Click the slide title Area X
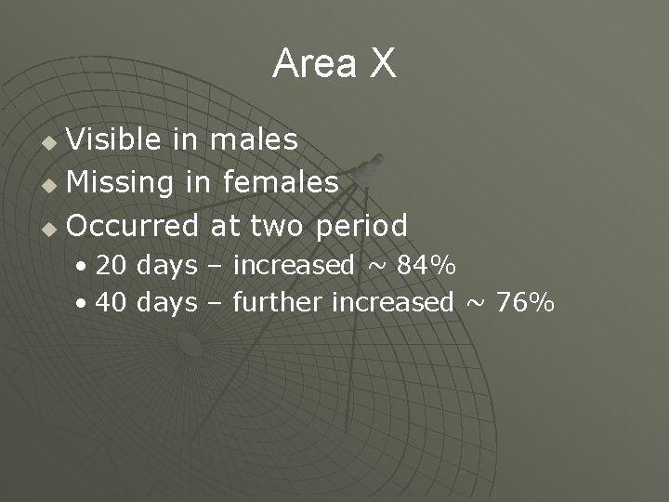pos(334,64)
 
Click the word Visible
pos(117,140)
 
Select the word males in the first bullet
pos(254,140)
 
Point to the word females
pos(281,183)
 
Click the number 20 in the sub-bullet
pos(112,266)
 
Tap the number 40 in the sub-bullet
pos(112,302)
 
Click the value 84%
pos(426,266)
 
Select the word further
pos(279,302)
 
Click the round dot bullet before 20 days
pos(84,268)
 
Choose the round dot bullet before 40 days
pos(84,304)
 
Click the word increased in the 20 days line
pos(294,266)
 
